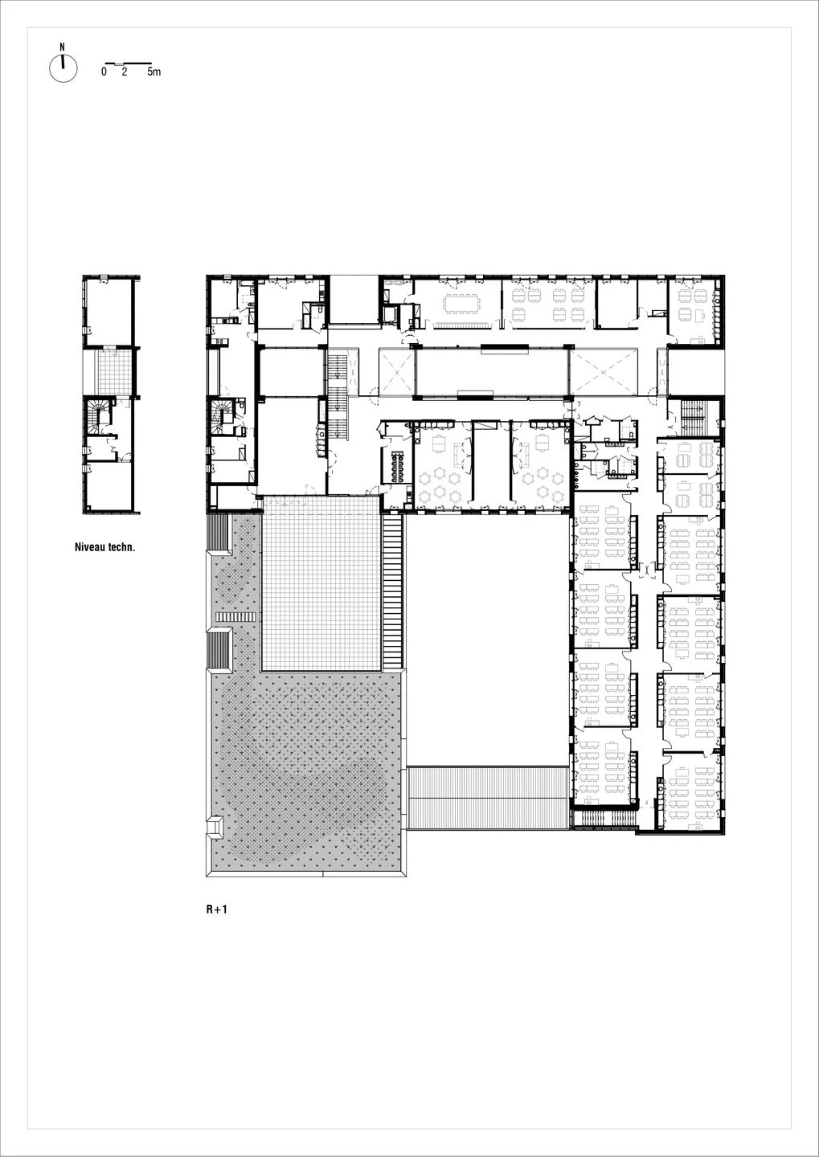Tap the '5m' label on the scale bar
(x=154, y=72)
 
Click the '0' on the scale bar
(x=104, y=72)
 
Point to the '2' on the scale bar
(x=124, y=72)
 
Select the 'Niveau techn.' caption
(x=104, y=546)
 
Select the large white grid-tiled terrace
(x=321, y=583)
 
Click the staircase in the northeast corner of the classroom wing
(x=692, y=413)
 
